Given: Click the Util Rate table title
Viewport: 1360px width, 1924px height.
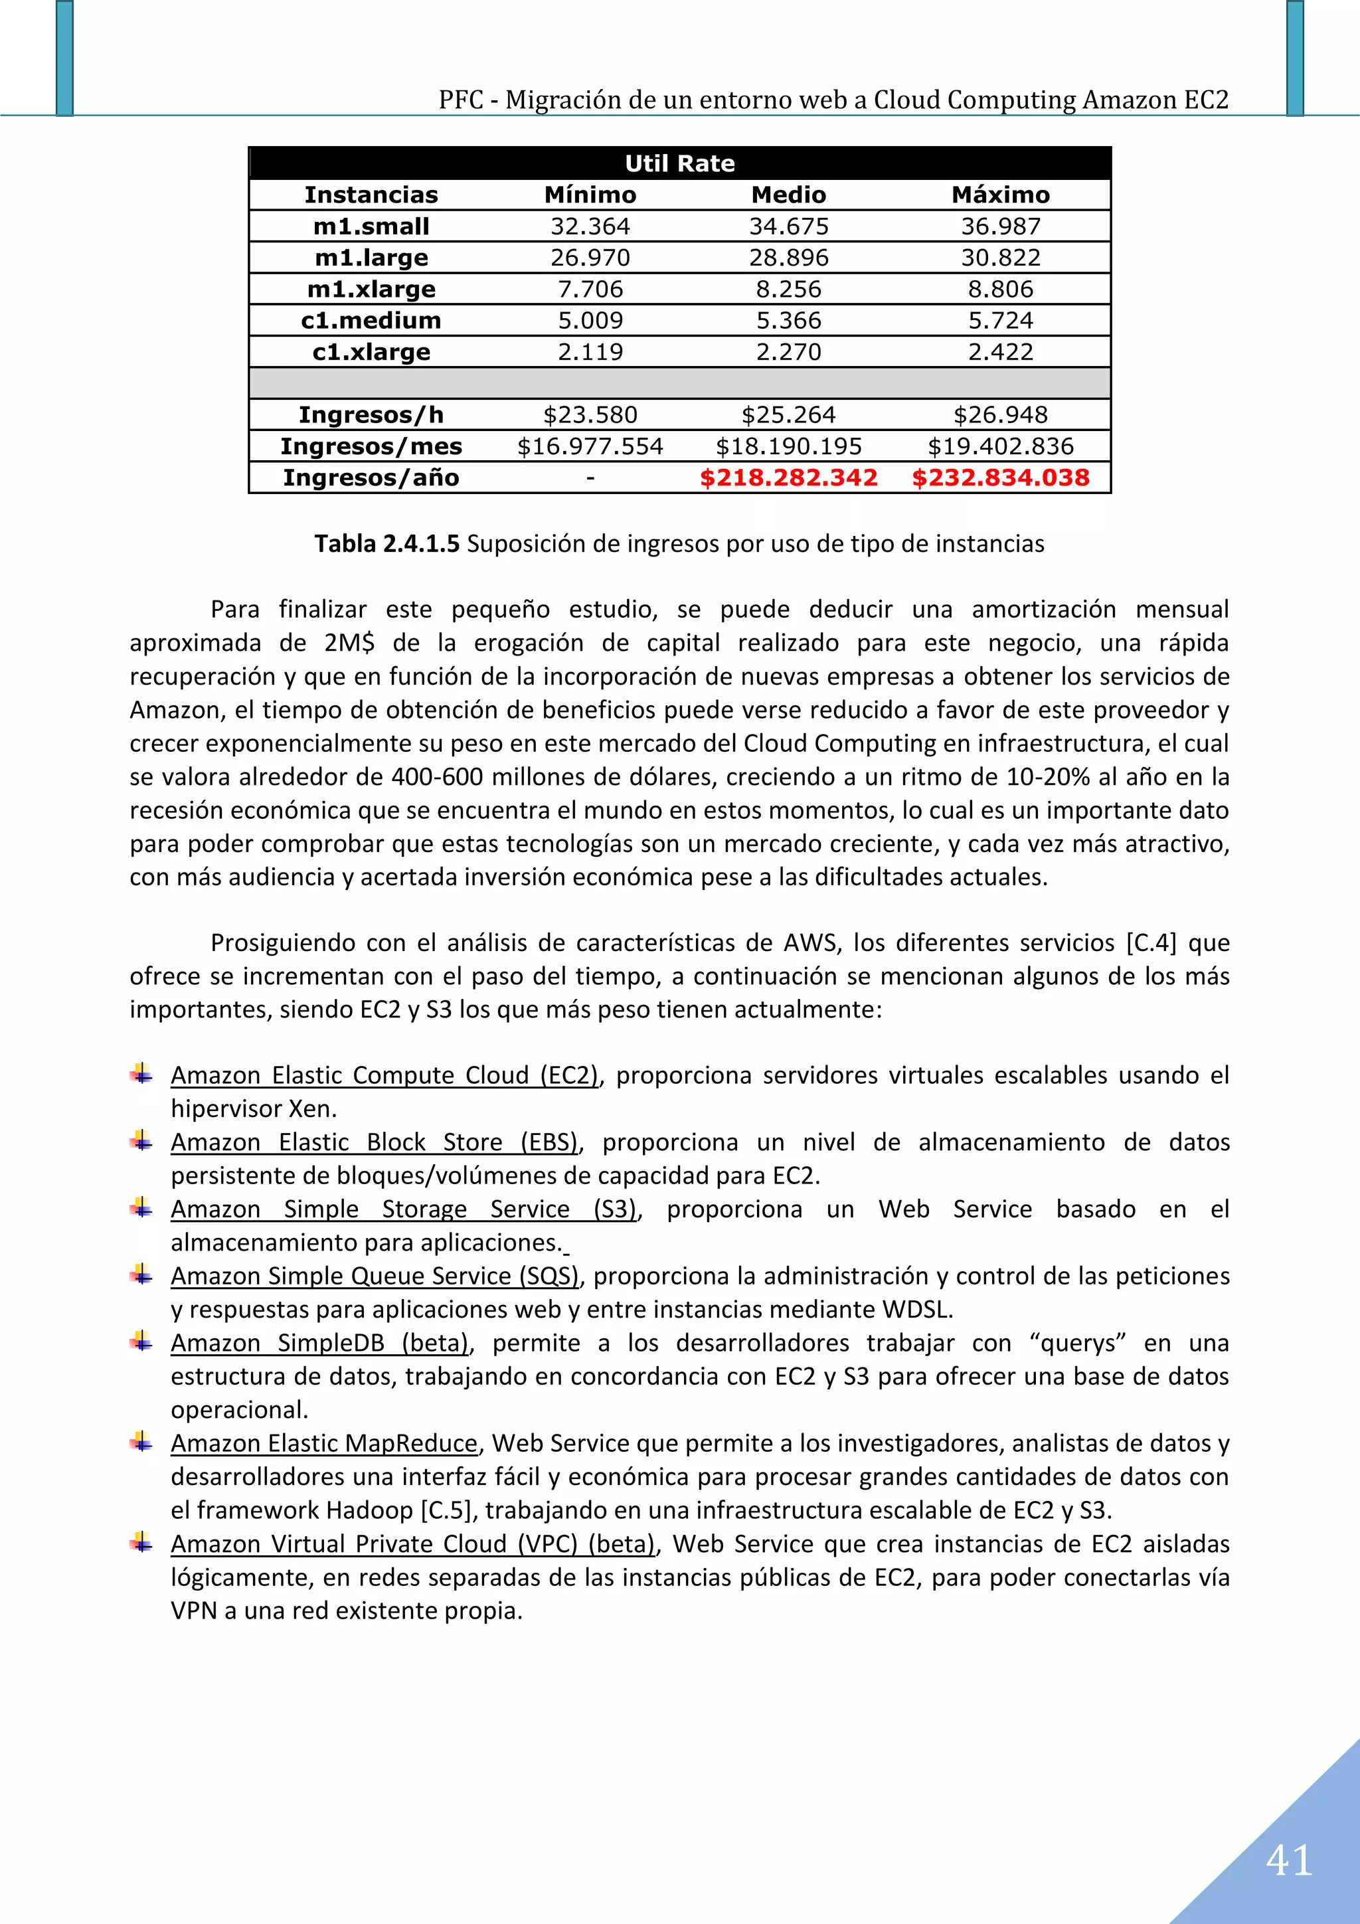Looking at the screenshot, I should pos(679,163).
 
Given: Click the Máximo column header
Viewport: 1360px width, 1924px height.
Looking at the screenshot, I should pos(1001,195).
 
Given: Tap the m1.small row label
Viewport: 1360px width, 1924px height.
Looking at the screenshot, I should pos(371,226).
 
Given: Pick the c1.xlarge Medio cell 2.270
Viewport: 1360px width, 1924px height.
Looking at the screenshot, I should pos(788,352).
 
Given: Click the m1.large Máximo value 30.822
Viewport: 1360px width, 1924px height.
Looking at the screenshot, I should pos(1001,257).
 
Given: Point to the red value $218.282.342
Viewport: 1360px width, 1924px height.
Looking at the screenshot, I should pos(788,478).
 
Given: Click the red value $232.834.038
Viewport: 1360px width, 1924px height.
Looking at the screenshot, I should pos(1001,478).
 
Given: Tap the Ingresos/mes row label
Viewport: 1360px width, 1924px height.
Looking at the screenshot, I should pos(371,446).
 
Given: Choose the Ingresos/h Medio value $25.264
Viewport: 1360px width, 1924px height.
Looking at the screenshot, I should pos(788,415).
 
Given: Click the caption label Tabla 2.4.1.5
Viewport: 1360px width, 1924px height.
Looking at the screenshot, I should pos(387,544).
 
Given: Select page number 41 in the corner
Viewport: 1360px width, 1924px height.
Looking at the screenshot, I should pos(1289,1861).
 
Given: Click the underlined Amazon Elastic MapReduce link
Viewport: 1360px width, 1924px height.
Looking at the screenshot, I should pos(324,1443).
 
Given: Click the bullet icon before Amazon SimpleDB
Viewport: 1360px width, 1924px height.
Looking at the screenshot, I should pos(141,1342).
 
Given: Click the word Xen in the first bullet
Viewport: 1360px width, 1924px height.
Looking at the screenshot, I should pos(311,1108).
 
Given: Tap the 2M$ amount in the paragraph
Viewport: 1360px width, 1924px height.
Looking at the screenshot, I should pos(349,643).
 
